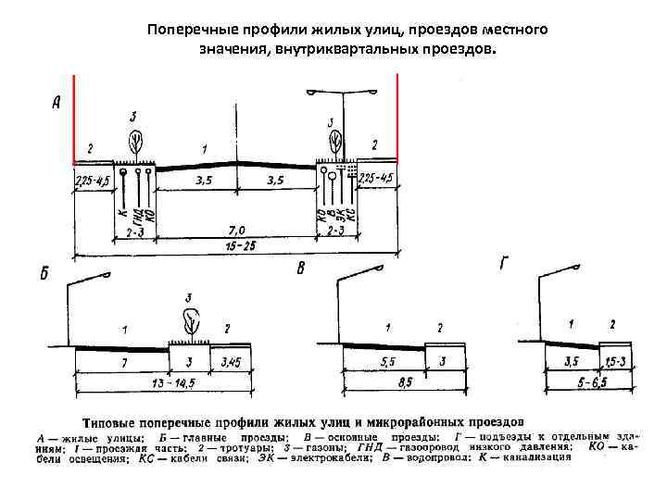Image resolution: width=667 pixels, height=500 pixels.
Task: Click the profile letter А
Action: (57, 104)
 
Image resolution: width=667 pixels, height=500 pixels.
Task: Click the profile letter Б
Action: (44, 274)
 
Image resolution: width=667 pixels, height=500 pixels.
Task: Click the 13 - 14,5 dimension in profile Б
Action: (156, 382)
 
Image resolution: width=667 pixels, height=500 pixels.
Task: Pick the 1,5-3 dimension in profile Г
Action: (614, 360)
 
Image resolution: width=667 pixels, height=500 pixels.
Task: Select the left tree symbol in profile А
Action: (136, 140)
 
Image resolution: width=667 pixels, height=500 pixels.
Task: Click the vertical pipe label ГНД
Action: (137, 215)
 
